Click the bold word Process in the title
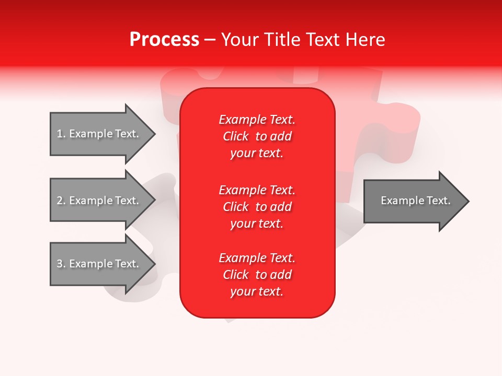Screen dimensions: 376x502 (164, 40)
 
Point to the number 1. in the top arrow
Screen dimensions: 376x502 (61, 134)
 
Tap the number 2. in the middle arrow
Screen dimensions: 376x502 (61, 201)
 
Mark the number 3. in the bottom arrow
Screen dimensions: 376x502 (61, 264)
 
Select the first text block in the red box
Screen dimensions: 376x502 (257, 136)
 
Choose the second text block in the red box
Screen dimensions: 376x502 (257, 207)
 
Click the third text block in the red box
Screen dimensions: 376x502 (257, 275)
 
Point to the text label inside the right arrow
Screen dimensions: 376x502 (416, 201)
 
